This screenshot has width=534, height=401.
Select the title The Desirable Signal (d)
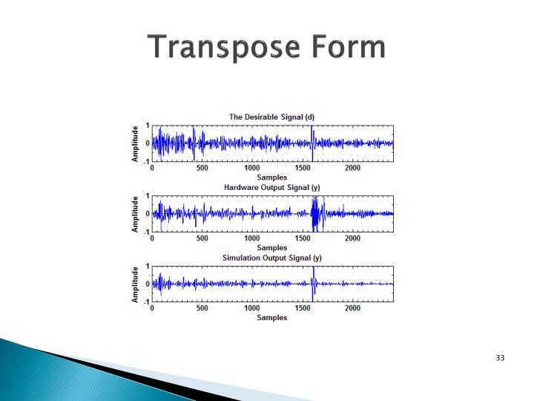click(271, 117)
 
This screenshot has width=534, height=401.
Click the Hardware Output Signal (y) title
click(271, 187)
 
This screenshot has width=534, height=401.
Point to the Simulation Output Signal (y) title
click(271, 258)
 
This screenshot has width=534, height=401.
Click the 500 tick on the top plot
click(202, 169)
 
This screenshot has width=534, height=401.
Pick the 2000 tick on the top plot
click(353, 169)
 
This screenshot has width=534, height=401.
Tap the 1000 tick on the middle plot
click(252, 239)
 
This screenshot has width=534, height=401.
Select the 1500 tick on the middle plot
click(303, 239)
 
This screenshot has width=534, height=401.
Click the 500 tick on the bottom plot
click(202, 309)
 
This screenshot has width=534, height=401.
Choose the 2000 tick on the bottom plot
click(353, 309)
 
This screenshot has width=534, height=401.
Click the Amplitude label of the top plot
click(135, 143)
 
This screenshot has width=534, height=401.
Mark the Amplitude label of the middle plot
click(135, 214)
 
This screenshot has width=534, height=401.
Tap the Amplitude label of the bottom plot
click(135, 284)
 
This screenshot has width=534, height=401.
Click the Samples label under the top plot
click(271, 177)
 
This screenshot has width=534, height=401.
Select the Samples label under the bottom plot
click(271, 318)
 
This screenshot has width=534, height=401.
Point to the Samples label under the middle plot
click(271, 248)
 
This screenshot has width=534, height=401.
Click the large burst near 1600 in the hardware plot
click(317, 214)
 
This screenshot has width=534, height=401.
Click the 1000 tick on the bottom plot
click(252, 309)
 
